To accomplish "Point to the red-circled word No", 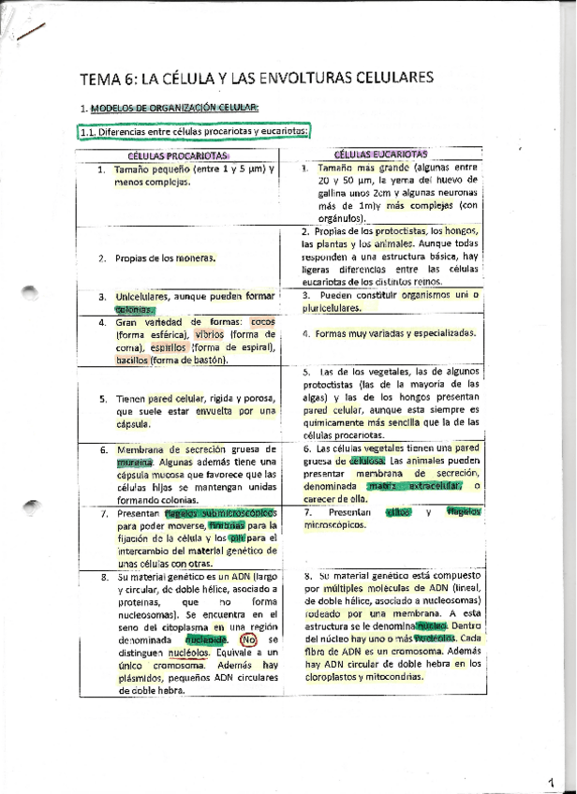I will (248, 640).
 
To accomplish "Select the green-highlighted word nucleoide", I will (206, 640).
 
